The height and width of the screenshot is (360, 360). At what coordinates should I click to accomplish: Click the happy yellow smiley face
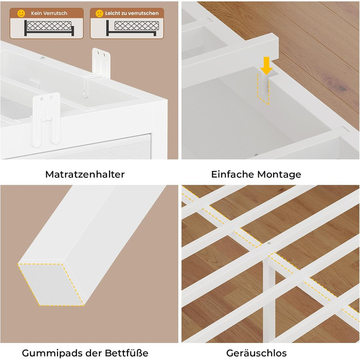(21, 13)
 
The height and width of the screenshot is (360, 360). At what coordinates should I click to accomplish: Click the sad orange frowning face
(99, 13)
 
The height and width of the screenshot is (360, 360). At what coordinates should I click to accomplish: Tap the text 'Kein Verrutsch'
(49, 13)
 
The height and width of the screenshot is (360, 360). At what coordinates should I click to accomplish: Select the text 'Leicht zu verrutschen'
(132, 13)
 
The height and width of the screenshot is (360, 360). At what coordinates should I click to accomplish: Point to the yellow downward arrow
(266, 66)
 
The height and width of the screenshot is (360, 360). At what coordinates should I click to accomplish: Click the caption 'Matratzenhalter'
(85, 174)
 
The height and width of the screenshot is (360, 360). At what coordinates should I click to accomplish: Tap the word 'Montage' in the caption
(279, 175)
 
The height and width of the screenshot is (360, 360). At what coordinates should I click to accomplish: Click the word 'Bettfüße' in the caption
(127, 352)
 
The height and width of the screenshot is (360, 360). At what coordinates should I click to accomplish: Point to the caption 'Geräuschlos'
(256, 353)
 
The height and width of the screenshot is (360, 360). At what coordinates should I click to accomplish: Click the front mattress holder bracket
(46, 119)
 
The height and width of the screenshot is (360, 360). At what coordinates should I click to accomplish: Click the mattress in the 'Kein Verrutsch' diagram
(49, 26)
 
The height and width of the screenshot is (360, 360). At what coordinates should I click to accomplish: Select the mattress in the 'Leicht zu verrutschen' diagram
(137, 26)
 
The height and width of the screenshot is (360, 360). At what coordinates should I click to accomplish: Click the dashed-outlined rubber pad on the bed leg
(51, 284)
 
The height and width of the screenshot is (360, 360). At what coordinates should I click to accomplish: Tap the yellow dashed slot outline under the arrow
(263, 89)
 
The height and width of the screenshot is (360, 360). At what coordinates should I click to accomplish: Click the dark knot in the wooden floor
(343, 88)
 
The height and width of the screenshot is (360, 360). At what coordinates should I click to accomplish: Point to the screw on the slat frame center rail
(269, 243)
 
